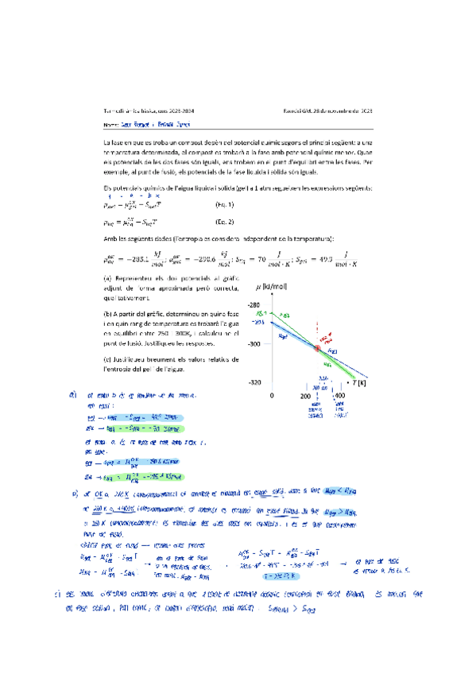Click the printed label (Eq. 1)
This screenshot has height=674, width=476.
pos(226,206)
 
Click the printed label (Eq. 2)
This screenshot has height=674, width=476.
pos(226,224)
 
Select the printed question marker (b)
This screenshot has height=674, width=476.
pos(109,312)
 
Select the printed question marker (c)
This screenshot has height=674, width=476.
pos(109,358)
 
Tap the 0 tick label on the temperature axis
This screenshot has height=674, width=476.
pos(272,395)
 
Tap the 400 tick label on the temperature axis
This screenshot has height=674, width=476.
pos(339,395)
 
